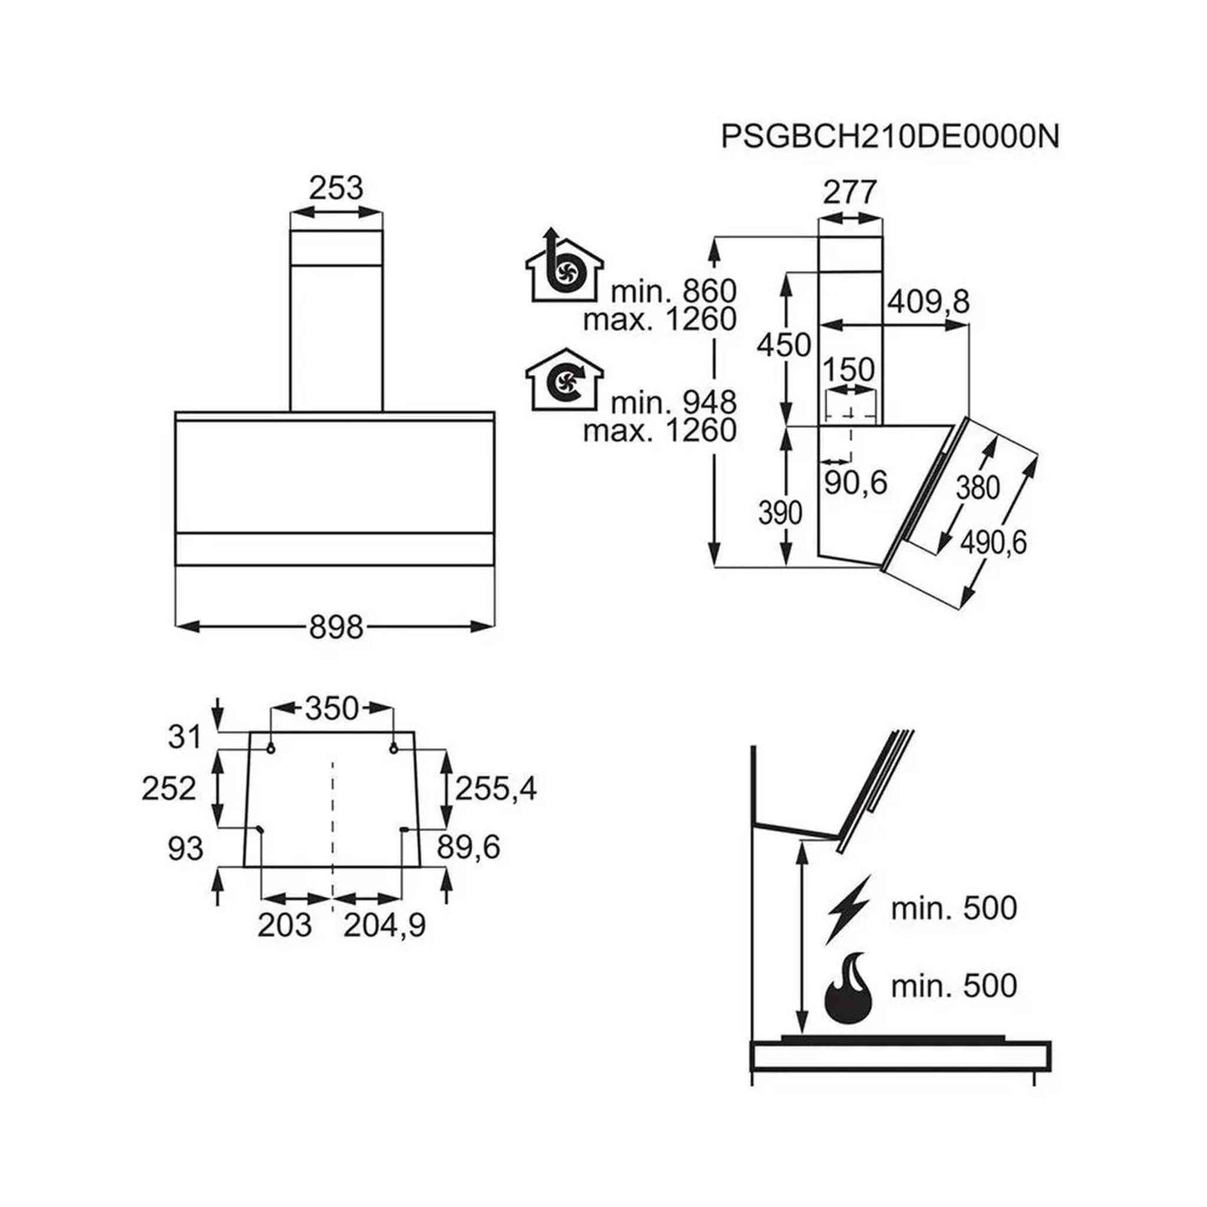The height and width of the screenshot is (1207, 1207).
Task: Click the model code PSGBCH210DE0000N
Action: point(890,136)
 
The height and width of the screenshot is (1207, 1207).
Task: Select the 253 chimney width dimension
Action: point(337,187)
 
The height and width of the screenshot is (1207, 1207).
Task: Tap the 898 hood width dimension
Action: point(337,626)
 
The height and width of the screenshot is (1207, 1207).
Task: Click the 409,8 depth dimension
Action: point(928,302)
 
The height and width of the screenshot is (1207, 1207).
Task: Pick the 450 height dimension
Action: point(783,345)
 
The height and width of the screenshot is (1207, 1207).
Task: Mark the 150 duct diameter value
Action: point(849,370)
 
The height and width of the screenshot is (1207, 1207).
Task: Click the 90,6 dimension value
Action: point(856,482)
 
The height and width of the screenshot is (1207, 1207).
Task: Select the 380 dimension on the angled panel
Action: point(978,488)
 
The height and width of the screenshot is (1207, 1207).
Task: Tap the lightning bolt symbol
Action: point(849,909)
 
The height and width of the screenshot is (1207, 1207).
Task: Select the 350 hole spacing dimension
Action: point(332,708)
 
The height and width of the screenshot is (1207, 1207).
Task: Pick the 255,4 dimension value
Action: point(496,788)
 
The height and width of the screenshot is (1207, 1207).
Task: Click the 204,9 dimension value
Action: point(384,925)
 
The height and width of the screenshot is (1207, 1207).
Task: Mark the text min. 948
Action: point(673,402)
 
